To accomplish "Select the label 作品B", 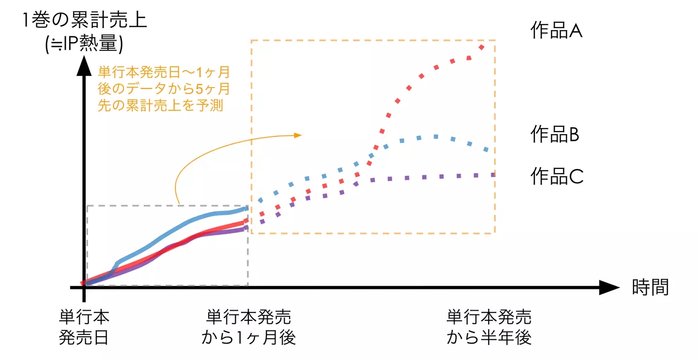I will [x=555, y=135].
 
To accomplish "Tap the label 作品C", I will [x=557, y=176].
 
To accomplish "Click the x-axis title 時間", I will [x=650, y=287].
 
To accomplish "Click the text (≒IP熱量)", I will [x=83, y=44].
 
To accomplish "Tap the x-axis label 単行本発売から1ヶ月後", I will [x=248, y=327].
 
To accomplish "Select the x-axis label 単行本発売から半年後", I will [x=489, y=327].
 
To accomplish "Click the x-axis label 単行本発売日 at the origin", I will [x=84, y=327].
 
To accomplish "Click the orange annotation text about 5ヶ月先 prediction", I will [x=163, y=90].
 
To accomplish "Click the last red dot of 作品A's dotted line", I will [x=482, y=47].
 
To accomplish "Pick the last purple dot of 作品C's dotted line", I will [x=493, y=174].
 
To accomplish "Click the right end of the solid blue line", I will [x=246, y=209].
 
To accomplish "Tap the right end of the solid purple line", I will [x=246, y=227].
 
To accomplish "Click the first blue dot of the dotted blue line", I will [x=260, y=200].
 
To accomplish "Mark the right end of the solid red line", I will [x=246, y=222].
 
